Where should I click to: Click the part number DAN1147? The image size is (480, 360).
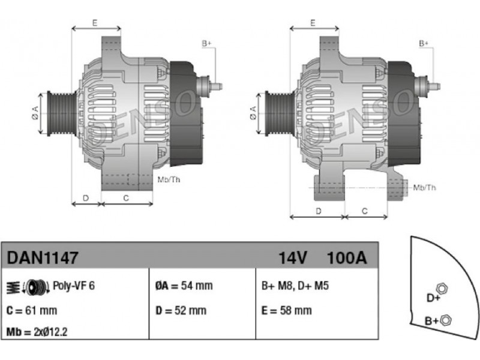point(43,258)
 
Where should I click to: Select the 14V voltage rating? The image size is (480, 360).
point(292,258)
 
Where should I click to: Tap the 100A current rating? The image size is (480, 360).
point(347,258)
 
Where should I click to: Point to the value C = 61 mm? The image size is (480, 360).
point(32,311)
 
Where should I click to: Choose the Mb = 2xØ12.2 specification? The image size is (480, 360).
point(37,332)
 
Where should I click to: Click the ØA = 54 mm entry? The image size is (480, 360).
point(184,286)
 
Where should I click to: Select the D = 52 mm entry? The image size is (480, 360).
point(181,311)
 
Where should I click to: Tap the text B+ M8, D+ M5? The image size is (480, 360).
point(295,286)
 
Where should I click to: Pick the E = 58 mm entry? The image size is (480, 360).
point(287,311)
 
